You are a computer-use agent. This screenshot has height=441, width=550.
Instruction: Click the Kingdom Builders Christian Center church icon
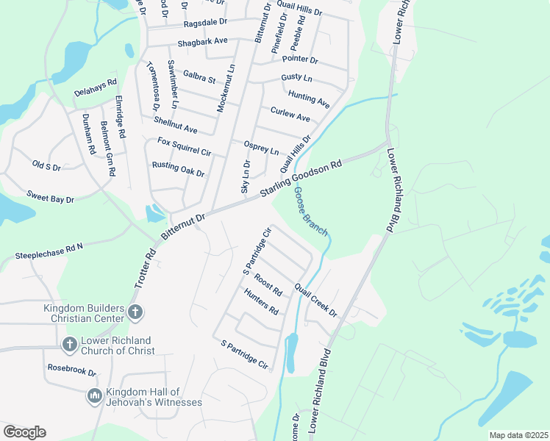pos(135,312)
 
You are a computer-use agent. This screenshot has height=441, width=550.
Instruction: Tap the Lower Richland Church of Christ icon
pos(69,344)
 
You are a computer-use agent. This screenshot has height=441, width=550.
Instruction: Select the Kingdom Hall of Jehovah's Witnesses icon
pos(94,397)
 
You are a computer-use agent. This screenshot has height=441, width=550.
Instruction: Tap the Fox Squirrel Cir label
pos(184,146)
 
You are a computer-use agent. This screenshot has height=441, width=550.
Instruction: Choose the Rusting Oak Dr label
pos(177,169)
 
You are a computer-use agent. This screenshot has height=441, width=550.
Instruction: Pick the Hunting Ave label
pos(309,97)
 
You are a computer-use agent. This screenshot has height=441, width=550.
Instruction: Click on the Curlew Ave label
pos(290,115)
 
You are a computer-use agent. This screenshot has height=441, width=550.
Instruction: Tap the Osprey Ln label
pos(261,148)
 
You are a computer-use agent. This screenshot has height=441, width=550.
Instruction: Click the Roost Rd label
pos(268,284)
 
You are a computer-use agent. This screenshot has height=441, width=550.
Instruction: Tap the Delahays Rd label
pos(96,87)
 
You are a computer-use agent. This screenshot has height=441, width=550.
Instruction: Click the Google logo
pos(24,432)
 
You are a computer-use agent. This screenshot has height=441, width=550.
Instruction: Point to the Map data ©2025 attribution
pos(518,435)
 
